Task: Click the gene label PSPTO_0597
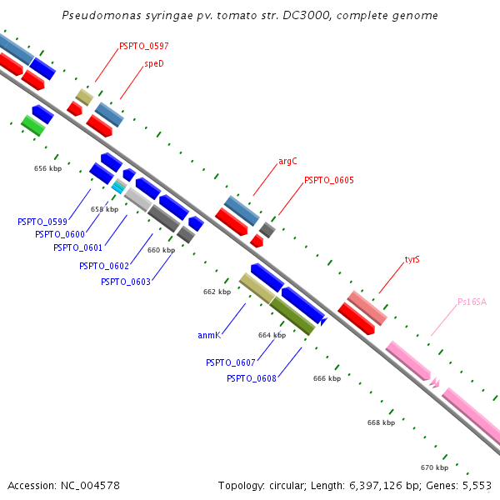point(143,46)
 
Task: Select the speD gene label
point(153,63)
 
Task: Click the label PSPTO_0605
point(328,180)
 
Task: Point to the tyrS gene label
point(412,259)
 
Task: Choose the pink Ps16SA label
point(472,302)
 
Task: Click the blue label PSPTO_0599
point(42,222)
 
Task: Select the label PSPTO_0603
point(125,282)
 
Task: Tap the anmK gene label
point(208,335)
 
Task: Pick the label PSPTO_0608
point(252,378)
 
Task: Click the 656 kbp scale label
point(47,168)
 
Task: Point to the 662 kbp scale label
point(217,292)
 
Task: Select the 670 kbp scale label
point(434,467)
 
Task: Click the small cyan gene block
point(118,187)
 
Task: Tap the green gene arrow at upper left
point(32,125)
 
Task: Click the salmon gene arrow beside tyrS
point(367,307)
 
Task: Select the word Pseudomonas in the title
point(97,16)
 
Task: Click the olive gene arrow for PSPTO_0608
point(292,316)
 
